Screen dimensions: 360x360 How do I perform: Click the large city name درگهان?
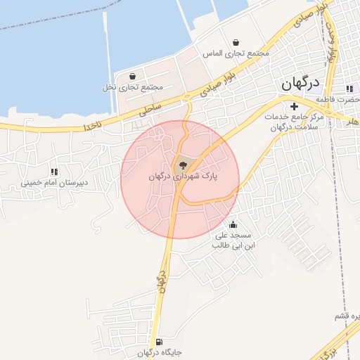[300, 84]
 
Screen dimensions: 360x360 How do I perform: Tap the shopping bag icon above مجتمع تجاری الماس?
[235, 42]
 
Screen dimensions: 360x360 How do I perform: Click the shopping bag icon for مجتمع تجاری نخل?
[132, 77]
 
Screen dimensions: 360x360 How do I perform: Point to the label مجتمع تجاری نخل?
[132, 88]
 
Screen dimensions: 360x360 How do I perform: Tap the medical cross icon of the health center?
[294, 106]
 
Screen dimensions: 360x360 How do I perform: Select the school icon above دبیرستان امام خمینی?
[54, 171]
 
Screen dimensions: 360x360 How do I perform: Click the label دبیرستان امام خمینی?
[54, 182]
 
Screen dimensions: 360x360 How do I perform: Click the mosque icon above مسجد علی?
[233, 225]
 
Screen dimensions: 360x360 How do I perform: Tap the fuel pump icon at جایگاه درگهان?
[159, 341]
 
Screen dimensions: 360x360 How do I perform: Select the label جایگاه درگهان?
[159, 352]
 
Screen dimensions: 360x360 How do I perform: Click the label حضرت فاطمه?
[345, 99]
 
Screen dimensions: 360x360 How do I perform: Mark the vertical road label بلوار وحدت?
[332, 41]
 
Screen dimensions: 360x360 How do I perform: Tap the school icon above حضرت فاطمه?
[349, 89]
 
